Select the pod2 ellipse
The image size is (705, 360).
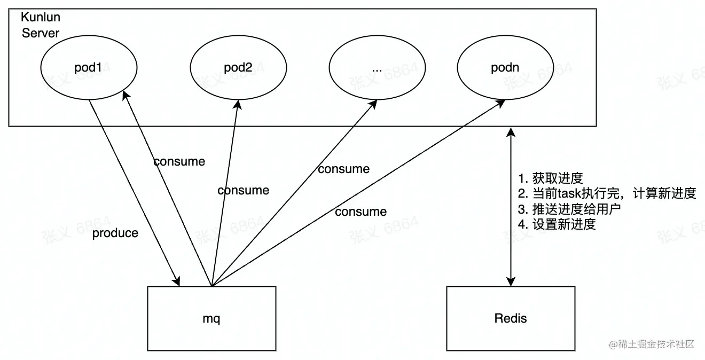click(237, 68)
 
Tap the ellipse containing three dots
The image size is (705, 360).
click(376, 68)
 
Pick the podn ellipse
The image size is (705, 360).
click(504, 68)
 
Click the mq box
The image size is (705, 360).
click(211, 318)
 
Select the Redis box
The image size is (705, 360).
click(511, 318)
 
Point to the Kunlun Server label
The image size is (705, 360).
click(40, 26)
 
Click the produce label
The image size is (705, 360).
click(115, 233)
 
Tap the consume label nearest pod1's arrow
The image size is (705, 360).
click(179, 161)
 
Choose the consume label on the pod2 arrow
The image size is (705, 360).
click(243, 190)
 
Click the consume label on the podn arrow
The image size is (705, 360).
click(361, 212)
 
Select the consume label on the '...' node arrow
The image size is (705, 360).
click(343, 169)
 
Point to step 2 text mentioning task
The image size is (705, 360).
click(607, 193)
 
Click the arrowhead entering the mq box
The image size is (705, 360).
click(177, 281)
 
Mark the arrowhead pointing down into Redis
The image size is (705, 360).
click(511, 281)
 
